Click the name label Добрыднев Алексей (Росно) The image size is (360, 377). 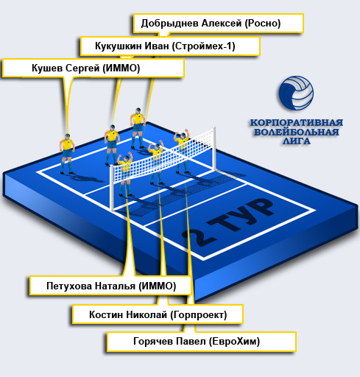(x=219, y=24)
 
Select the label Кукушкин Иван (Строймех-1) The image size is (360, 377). (x=170, y=46)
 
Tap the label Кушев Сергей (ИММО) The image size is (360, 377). (x=93, y=68)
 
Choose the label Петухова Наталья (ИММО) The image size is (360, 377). (x=110, y=286)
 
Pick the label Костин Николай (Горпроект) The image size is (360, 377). (x=158, y=314)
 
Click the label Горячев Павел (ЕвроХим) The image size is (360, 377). (x=202, y=342)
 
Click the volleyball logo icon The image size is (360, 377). (x=296, y=94)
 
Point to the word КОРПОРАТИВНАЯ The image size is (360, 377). (x=297, y=122)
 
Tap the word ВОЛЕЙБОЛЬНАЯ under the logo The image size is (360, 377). (x=297, y=132)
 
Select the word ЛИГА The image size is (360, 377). (x=297, y=141)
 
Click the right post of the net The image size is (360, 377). (x=214, y=148)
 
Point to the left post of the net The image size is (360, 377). (x=112, y=188)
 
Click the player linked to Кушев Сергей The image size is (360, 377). (x=67, y=154)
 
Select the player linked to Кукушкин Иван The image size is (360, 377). (x=112, y=145)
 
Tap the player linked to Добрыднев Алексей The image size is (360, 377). (x=138, y=128)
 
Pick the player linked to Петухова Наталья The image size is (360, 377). (x=125, y=175)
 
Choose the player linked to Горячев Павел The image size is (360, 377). (x=182, y=152)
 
